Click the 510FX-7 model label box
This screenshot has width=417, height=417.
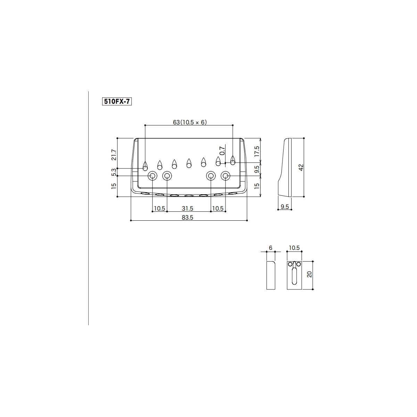point(117,101)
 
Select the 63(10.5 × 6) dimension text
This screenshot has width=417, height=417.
point(190,122)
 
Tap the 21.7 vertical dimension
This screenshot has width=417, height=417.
point(114,155)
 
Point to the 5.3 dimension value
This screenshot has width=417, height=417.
point(114,172)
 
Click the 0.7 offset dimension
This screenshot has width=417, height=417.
point(222,150)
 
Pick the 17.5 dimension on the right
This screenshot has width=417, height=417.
point(257,151)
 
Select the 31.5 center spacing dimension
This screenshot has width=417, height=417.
point(187,208)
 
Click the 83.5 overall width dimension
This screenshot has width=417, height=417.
point(187,218)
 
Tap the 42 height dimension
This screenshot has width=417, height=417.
point(301,167)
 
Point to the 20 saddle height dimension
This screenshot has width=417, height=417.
point(310,275)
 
